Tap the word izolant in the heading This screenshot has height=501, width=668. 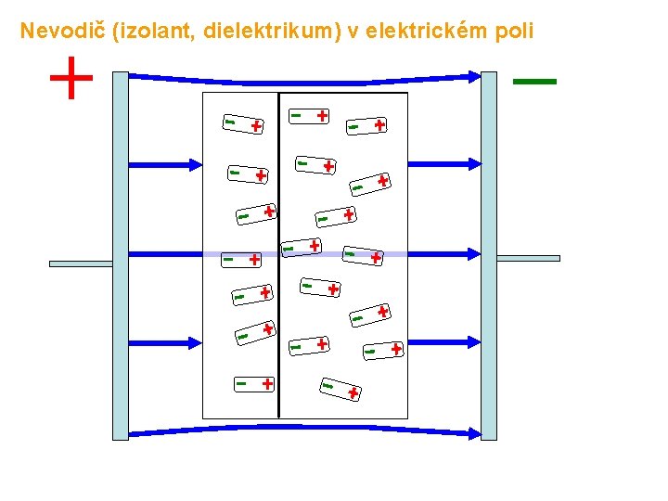pyautogui.click(x=151, y=31)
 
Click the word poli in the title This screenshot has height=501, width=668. pyautogui.click(x=515, y=31)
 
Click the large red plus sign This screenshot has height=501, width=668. pyautogui.click(x=71, y=78)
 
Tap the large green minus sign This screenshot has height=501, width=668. pyautogui.click(x=534, y=83)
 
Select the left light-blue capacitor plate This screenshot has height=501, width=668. pyautogui.click(x=120, y=255)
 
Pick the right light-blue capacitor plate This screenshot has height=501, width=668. pyautogui.click(x=489, y=255)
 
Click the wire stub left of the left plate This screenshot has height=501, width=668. pyautogui.click(x=81, y=263)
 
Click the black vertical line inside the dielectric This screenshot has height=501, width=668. pyautogui.click(x=278, y=255)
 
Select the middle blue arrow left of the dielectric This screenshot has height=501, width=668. pyautogui.click(x=162, y=253)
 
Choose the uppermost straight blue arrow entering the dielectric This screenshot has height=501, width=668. pyautogui.click(x=162, y=164)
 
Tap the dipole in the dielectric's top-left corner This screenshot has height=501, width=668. pyautogui.click(x=243, y=122)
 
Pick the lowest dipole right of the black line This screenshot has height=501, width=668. pyautogui.click(x=340, y=389)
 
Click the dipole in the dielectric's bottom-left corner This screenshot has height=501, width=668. pyautogui.click(x=253, y=382)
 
